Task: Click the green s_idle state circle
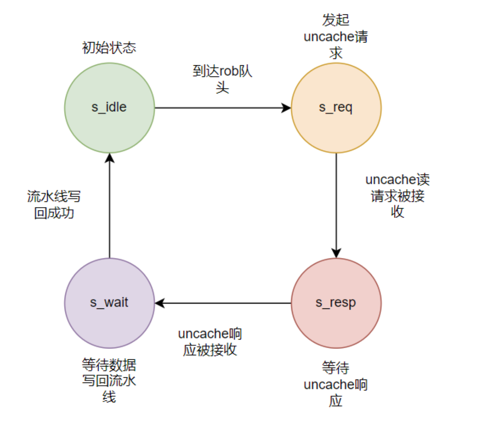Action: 109,108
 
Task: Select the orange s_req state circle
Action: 336,108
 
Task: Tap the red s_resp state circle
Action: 336,303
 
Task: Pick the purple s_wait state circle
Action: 109,303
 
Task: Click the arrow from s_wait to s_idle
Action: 109,208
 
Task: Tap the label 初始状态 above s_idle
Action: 109,48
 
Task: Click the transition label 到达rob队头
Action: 222,79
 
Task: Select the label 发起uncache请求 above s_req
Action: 336,36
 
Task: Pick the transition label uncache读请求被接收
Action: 397,195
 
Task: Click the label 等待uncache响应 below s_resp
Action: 336,384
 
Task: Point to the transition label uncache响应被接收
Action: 210,342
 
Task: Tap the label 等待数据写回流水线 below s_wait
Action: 109,381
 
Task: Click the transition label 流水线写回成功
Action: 54,205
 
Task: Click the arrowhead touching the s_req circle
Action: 286,108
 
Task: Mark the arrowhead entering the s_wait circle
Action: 160,303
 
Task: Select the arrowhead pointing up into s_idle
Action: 109,158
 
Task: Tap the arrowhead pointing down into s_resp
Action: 336,253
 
